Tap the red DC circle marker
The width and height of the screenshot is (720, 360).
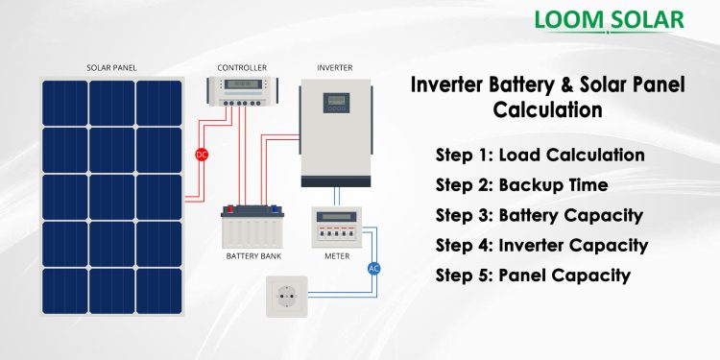coord(202,154)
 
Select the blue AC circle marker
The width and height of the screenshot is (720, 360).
coord(374,268)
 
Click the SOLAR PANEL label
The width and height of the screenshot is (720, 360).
coord(111,67)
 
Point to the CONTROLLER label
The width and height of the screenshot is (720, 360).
coord(241,67)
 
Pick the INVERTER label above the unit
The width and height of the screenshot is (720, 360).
coord(335,67)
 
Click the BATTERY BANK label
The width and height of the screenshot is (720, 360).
coord(253,256)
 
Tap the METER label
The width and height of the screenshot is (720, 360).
coord(336,256)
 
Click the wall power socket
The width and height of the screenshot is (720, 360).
coord(285,298)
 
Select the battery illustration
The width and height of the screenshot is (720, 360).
coord(253,226)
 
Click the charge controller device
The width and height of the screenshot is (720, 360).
coord(241,92)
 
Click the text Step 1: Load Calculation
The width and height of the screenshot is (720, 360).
coord(540,156)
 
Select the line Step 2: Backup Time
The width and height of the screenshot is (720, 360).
coord(521,185)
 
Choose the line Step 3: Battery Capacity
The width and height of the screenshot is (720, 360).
coord(539,215)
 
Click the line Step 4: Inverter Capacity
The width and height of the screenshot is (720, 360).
coord(541,245)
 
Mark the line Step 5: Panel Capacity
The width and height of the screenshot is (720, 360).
coord(533,276)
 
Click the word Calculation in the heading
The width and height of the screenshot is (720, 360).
coord(547,110)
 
